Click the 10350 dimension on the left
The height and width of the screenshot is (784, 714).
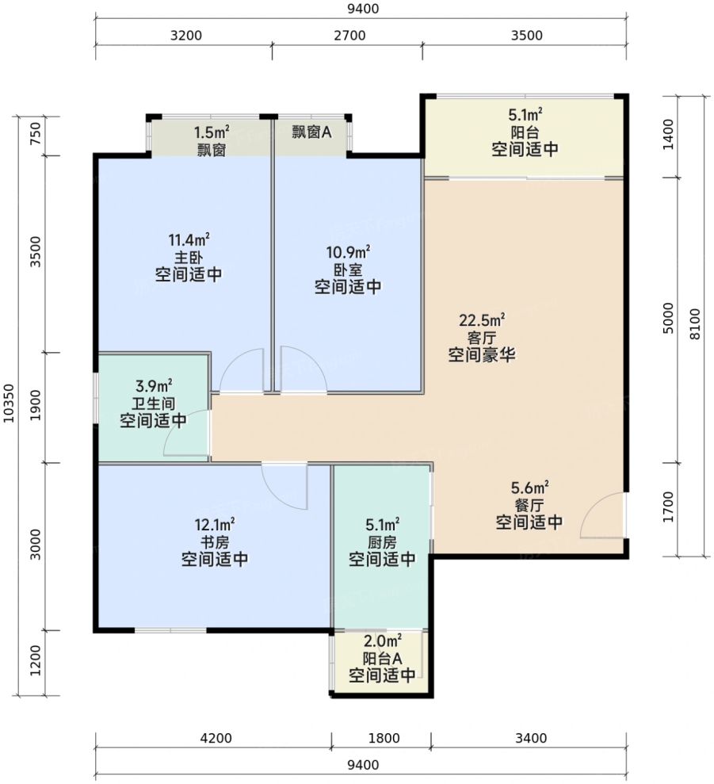tap(9, 403)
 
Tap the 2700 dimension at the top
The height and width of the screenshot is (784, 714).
tap(349, 36)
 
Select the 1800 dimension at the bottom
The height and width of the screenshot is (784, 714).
tap(384, 738)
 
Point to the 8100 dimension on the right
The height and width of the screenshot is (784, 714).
tap(695, 324)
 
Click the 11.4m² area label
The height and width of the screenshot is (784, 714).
tap(189, 239)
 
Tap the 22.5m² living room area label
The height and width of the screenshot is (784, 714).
tap(482, 319)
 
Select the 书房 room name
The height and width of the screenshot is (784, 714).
tap(215, 542)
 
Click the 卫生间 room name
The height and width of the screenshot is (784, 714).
tap(154, 403)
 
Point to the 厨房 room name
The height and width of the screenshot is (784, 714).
tap(382, 542)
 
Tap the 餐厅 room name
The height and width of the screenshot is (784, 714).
tap(529, 505)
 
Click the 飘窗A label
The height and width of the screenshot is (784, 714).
tap(311, 132)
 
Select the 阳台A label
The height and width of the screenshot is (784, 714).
tap(382, 659)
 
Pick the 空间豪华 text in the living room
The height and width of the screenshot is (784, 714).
tap(482, 355)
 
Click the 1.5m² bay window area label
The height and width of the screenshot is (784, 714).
tap(212, 132)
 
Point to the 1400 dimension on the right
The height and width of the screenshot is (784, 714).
tap(668, 134)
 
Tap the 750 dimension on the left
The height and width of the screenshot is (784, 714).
tap(35, 134)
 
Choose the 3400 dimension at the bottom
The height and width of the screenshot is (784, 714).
tap(531, 738)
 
